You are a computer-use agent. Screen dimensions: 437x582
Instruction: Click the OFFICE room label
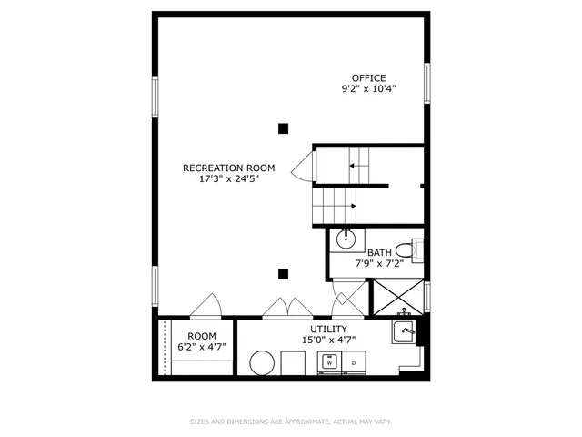[369, 77]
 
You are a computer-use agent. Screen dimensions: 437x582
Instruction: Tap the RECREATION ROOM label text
[228, 168]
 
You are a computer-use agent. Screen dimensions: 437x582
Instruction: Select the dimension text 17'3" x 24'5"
[228, 179]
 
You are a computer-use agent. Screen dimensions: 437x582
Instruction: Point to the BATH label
[380, 253]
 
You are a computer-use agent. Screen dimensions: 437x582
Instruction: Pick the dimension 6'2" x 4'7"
[202, 348]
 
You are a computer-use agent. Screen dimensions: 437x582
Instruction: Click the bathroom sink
[346, 239]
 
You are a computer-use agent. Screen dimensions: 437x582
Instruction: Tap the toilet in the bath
[408, 249]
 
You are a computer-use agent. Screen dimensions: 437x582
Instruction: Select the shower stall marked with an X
[397, 297]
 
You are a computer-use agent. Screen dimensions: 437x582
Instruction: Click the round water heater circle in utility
[264, 362]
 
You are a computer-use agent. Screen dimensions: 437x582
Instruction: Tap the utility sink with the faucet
[404, 331]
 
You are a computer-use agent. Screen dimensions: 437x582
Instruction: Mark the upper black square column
[284, 128]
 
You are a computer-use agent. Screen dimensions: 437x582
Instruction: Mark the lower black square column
[284, 272]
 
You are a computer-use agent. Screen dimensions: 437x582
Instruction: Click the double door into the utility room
[287, 310]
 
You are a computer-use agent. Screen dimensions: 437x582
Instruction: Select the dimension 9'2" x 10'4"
[369, 89]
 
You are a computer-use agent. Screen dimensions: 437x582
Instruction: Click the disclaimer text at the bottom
[291, 422]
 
